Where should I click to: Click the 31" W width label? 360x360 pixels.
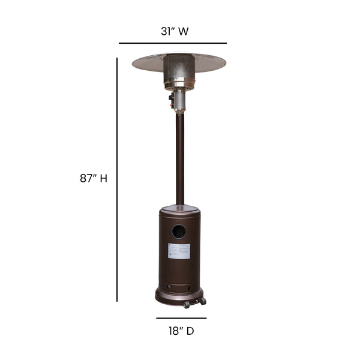174,31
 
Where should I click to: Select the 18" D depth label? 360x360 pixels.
181,331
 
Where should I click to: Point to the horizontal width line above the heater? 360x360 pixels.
173,43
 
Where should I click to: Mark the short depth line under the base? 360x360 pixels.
181,318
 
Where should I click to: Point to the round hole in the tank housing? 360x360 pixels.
179,231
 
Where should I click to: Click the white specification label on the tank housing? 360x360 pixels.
179,251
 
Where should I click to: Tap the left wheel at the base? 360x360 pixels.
187,305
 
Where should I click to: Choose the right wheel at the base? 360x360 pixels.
203,301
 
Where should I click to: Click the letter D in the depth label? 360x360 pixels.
190,331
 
